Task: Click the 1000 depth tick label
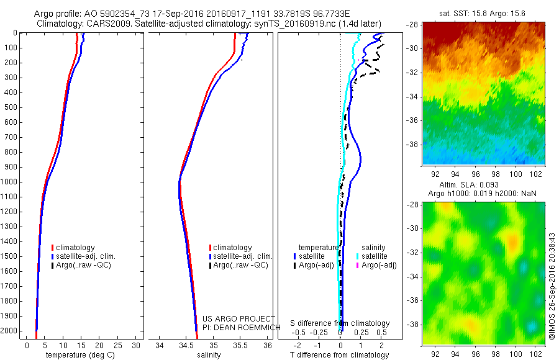pyautogui.click(x=11, y=182)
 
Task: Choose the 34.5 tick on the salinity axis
pyautogui.click(x=187, y=345)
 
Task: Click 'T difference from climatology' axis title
pyautogui.click(x=339, y=355)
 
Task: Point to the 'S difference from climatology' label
pyautogui.click(x=340, y=323)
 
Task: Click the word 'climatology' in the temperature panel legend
pyautogui.click(x=76, y=248)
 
